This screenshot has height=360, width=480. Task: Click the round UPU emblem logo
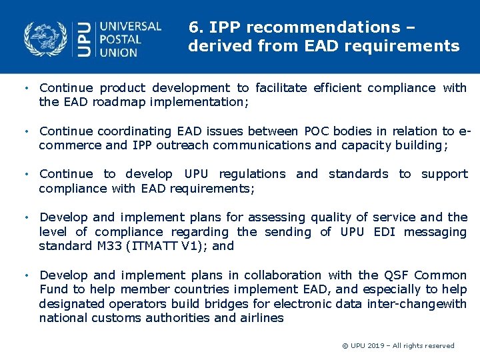pyautogui.click(x=45, y=39)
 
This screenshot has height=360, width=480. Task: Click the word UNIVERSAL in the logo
pyautogui.click(x=131, y=27)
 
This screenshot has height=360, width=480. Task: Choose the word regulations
pyautogui.click(x=252, y=174)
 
